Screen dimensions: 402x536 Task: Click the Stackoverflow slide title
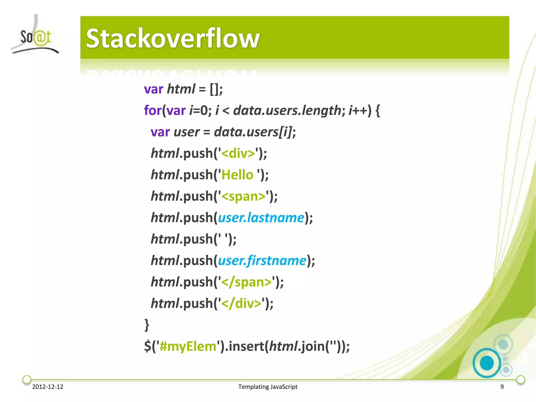(173, 38)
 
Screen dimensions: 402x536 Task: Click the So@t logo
(35, 37)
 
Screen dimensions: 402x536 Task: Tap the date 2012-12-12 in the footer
(48, 387)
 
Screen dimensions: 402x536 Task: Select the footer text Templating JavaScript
(268, 387)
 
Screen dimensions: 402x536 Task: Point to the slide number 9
(502, 387)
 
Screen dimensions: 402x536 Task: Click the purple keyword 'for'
(153, 110)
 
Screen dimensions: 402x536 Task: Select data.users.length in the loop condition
(287, 110)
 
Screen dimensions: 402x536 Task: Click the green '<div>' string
(238, 153)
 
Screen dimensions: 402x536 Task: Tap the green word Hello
(237, 175)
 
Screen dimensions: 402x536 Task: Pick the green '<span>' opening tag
(243, 196)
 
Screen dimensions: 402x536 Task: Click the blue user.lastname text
(261, 218)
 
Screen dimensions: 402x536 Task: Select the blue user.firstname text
(262, 261)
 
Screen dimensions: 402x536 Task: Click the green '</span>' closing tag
(246, 282)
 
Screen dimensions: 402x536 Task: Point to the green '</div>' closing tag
(241, 304)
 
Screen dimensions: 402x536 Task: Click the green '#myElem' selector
(188, 347)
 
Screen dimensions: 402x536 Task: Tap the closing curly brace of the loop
(147, 325)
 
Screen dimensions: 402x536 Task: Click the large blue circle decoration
(487, 363)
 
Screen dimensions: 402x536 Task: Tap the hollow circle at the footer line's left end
(27, 379)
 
